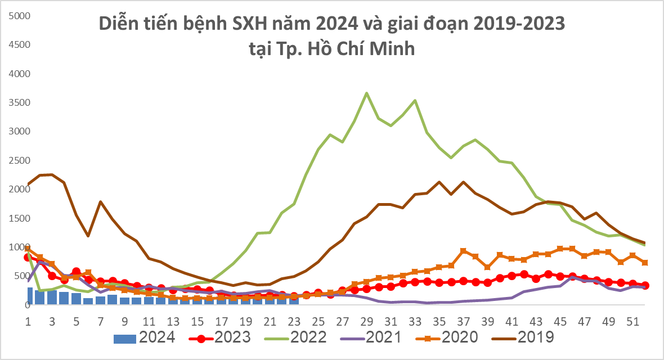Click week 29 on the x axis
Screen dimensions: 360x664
coord(367,322)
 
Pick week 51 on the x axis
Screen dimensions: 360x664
coord(632,322)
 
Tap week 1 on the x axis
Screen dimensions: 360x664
coord(28,322)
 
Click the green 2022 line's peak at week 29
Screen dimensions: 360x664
coord(366,93)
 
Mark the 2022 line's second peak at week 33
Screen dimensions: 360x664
coord(415,101)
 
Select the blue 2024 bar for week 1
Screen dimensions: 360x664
coord(30,296)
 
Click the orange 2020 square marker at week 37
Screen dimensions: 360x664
coord(463,251)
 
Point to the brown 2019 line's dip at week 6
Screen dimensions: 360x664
coord(88,236)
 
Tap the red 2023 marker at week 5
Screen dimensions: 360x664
coord(77,272)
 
